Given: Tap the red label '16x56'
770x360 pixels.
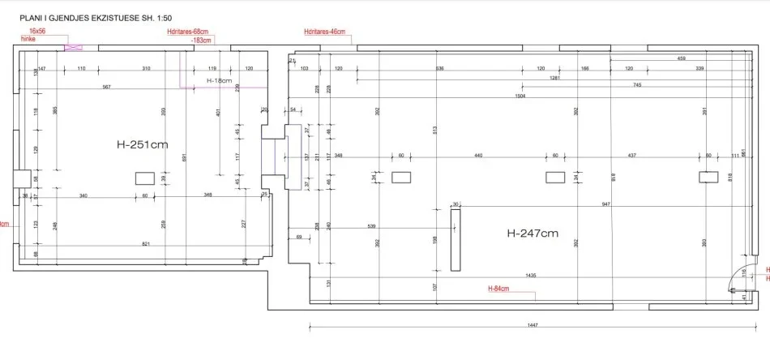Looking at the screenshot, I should pos(37,30).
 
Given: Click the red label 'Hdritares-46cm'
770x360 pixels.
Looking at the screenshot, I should pos(324,32).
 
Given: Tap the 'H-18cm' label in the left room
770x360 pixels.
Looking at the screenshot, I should pos(219,81).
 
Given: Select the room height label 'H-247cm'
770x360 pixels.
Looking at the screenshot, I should pos(533,234).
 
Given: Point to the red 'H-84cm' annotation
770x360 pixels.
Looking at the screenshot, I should pos(500,288).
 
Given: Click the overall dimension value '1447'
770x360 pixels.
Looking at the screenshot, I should pos(533,325).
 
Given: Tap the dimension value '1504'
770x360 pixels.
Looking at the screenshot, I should pos(520,96).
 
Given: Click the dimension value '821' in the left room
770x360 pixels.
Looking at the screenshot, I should pos(146,243).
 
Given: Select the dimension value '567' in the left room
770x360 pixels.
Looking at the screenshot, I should pos(106,87).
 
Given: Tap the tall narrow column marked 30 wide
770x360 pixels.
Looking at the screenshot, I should pos(454,240).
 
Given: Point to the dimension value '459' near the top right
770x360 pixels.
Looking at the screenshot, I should pos(681,58).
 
